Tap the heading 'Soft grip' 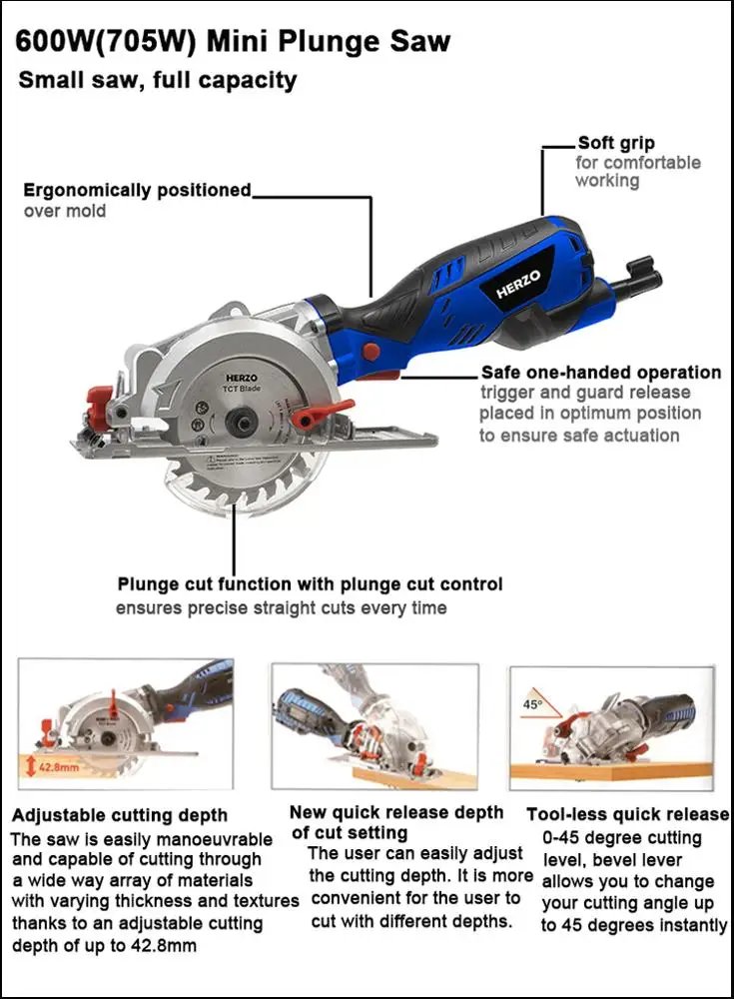coord(616,143)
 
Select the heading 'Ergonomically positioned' coord(137,190)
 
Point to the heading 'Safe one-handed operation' coord(600,373)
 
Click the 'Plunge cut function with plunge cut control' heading coord(310,583)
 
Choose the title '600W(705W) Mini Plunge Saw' coord(234,42)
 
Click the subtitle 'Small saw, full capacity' coord(158,80)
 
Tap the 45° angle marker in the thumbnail coord(532,703)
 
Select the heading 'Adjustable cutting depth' coord(120,815)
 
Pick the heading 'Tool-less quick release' coord(627,814)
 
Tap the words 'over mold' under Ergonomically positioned coord(65,211)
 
